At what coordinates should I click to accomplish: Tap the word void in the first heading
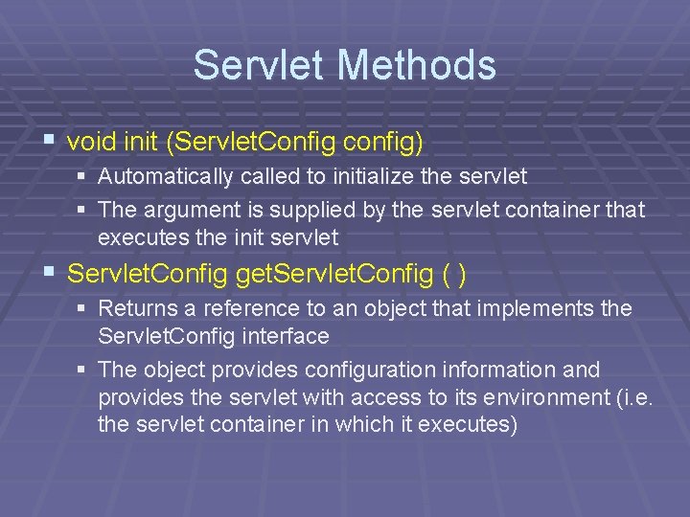[91, 143]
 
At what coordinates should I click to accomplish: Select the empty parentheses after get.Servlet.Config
[455, 275]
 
